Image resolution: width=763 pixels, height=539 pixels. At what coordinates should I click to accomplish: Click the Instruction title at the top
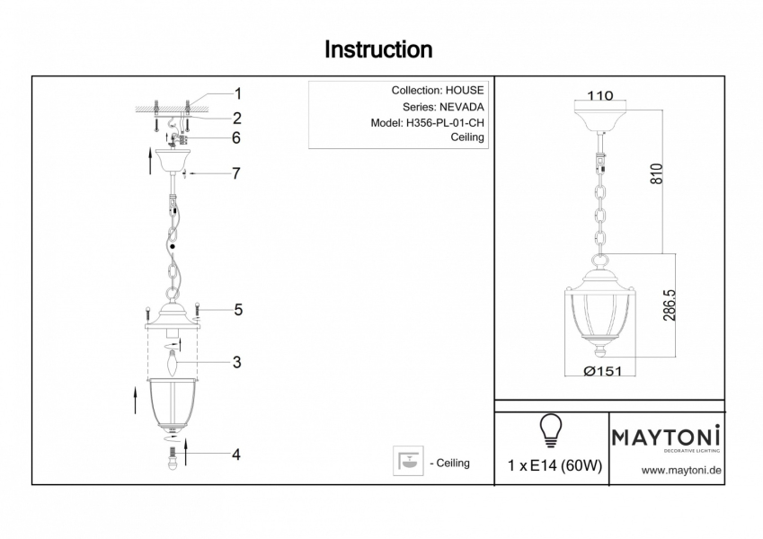(x=378, y=49)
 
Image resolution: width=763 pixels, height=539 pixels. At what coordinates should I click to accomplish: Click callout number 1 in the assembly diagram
(x=238, y=93)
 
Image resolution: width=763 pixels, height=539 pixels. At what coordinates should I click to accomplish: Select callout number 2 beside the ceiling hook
(x=237, y=118)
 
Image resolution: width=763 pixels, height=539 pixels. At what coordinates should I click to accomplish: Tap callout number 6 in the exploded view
(x=236, y=138)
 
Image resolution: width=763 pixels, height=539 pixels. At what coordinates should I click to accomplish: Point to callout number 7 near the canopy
(x=236, y=173)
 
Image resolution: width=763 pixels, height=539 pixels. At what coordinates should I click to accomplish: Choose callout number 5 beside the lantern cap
(x=238, y=310)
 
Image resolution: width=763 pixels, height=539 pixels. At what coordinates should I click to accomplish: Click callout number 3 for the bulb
(x=236, y=363)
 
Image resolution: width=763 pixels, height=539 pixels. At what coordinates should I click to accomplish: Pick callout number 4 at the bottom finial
(x=236, y=455)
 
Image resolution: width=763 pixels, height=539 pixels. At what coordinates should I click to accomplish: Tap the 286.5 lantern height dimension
(x=670, y=305)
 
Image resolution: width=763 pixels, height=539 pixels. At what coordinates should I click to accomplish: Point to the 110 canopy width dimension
(x=600, y=96)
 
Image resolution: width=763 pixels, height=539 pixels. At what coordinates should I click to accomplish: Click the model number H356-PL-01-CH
(x=446, y=123)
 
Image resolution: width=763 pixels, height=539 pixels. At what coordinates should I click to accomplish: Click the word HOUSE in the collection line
(x=465, y=91)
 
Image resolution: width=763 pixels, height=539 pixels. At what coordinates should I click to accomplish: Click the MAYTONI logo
(x=667, y=437)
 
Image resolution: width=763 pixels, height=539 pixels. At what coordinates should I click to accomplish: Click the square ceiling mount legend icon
(x=409, y=462)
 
